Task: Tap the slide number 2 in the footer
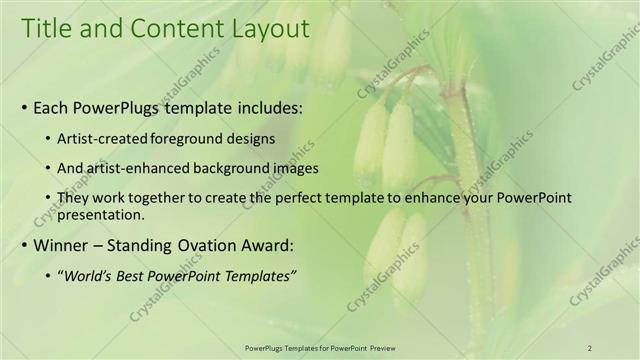point(589,347)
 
